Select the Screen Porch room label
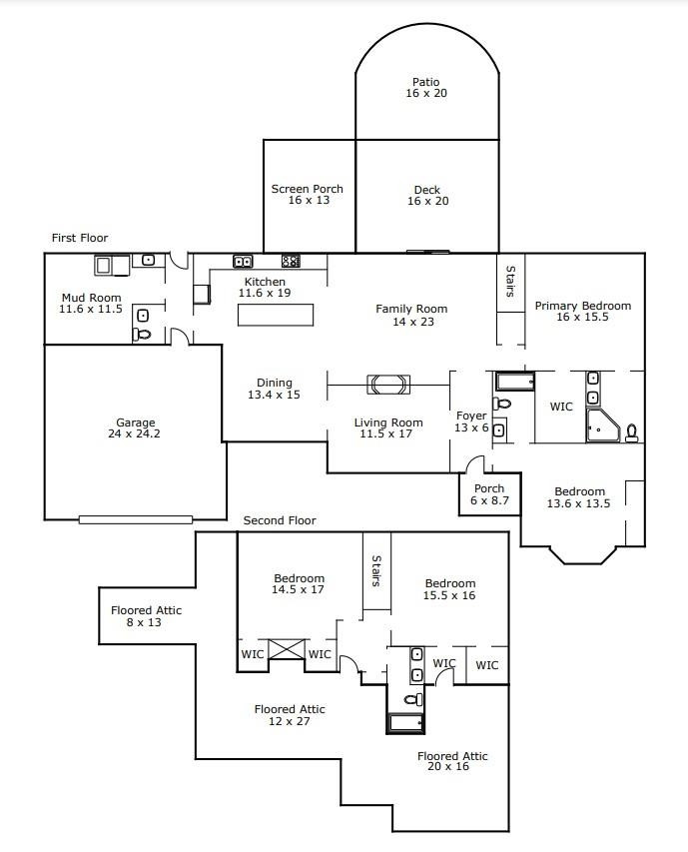(307, 195)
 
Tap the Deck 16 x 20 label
(426, 196)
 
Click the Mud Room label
(90, 304)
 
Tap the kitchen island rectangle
(275, 314)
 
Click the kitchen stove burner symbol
(291, 262)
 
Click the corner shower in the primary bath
(602, 426)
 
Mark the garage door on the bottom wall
(136, 518)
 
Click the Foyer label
(470, 422)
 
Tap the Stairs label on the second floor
(375, 571)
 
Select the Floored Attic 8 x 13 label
(146, 616)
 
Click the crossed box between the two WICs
(288, 649)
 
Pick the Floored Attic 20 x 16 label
(452, 762)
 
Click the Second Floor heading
(280, 520)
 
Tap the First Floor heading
(80, 238)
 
